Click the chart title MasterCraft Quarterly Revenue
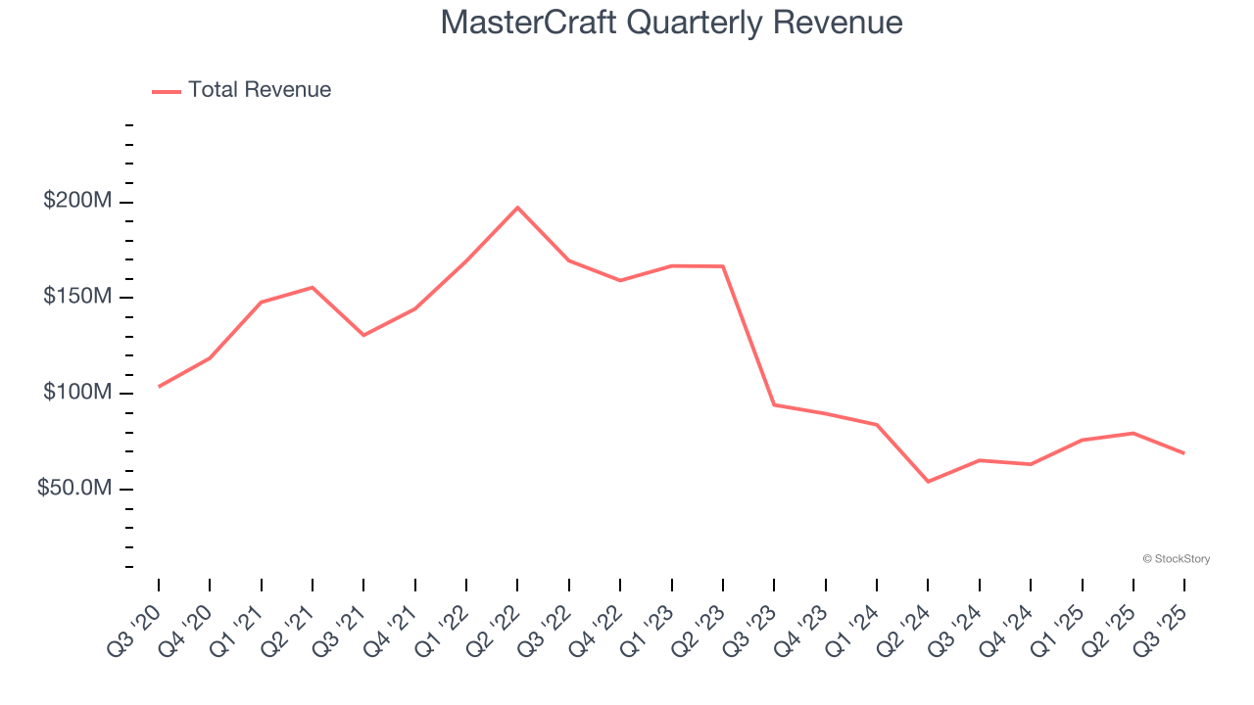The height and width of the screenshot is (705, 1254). [671, 23]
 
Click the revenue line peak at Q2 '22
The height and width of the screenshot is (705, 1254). [517, 208]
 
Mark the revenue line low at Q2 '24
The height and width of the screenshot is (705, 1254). [928, 482]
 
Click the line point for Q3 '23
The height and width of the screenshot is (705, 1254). [774, 404]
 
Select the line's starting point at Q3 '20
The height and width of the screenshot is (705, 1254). [159, 387]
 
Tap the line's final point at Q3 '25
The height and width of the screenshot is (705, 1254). [1184, 453]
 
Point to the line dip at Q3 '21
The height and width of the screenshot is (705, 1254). [363, 335]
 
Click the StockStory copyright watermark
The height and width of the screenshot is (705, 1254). [1176, 559]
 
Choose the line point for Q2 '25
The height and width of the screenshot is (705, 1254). [1133, 433]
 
